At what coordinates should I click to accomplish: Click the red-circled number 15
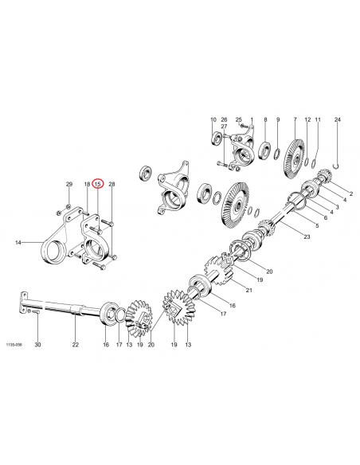coord(98,184)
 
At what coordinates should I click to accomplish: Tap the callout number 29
coord(68,184)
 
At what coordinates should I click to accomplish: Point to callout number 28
coord(112,184)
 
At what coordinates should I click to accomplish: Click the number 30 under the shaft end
coord(37,346)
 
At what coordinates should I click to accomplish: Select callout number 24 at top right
coord(337,119)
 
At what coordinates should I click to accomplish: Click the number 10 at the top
coord(213,119)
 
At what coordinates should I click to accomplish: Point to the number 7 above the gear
coord(295,119)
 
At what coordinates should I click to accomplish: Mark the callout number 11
coord(317,119)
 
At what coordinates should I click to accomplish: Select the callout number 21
coord(248,290)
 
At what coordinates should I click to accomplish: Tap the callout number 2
coord(350,194)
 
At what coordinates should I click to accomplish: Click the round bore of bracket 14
coord(53,256)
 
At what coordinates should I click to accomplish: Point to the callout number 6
coord(324,217)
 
